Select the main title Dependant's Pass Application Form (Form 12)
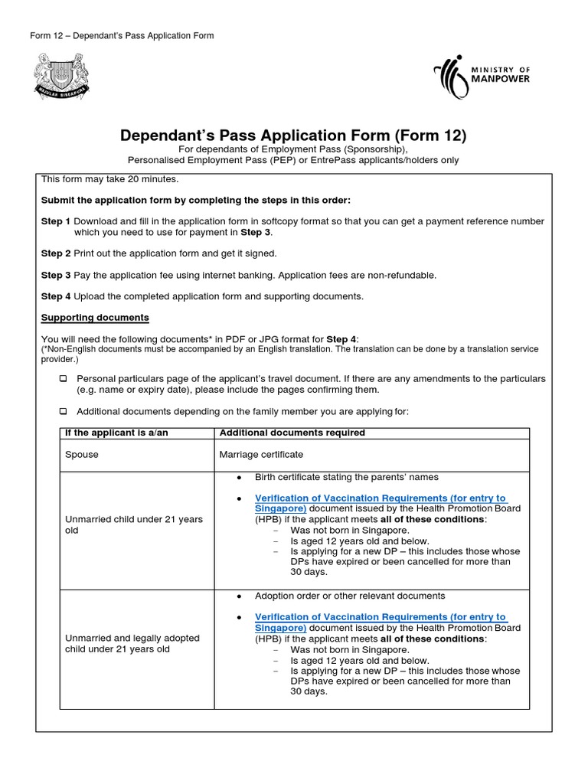tap(293, 136)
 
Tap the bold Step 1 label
tap(56, 221)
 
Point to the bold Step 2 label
tap(56, 253)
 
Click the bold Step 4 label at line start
tap(56, 296)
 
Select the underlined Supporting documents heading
tap(95, 317)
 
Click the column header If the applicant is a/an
tap(116, 433)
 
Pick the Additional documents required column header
tap(292, 433)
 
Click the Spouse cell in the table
tap(82, 455)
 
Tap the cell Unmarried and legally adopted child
tap(132, 643)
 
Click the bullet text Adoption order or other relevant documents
tap(349, 596)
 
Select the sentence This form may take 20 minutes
tap(109, 179)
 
